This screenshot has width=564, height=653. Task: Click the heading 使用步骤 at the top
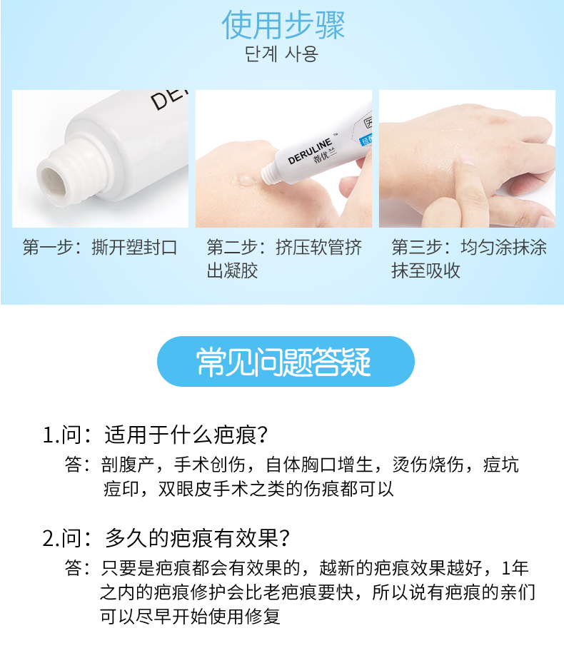click(283, 26)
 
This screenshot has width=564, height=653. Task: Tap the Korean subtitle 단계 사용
click(281, 55)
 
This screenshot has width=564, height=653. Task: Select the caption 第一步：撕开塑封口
click(99, 248)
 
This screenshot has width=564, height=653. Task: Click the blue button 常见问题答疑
click(285, 362)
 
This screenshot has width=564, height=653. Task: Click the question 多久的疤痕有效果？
click(196, 537)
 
